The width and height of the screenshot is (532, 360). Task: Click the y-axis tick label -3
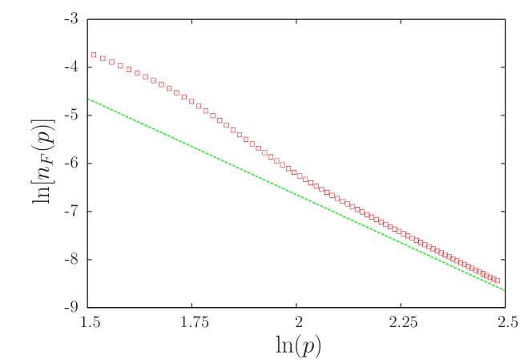(x=71, y=18)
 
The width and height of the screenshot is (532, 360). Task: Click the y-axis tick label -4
(x=71, y=67)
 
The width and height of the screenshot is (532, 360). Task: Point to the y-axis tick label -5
(x=71, y=115)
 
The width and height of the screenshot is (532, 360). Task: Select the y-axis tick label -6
(x=71, y=163)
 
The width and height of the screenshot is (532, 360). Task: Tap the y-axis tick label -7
(x=71, y=211)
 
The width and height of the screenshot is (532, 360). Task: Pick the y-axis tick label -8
(x=71, y=259)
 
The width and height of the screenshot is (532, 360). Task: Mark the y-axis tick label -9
(x=71, y=307)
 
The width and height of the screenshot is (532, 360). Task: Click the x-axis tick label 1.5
(x=91, y=322)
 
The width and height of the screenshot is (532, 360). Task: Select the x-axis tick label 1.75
(x=195, y=322)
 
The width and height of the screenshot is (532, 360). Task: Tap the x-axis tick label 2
(x=299, y=322)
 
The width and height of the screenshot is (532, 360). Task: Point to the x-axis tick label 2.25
(x=403, y=322)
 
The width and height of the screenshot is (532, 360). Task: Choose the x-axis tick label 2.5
(x=506, y=322)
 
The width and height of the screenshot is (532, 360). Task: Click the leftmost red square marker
(x=93, y=55)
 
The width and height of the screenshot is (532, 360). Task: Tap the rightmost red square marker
(x=498, y=280)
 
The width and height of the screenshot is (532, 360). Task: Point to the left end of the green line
(x=89, y=99)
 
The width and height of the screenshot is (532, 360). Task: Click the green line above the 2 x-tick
(x=299, y=195)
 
